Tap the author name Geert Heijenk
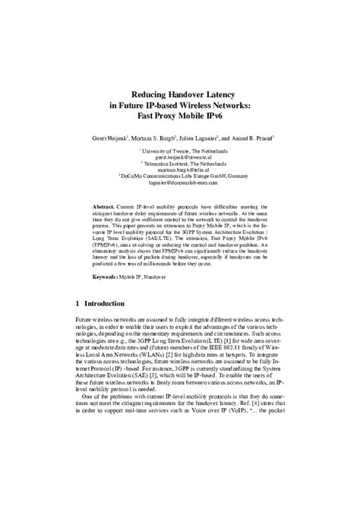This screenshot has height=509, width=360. pyautogui.click(x=107, y=139)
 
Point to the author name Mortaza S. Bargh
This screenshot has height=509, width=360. pyautogui.click(x=161, y=139)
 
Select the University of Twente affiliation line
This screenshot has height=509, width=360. pyautogui.click(x=181, y=152)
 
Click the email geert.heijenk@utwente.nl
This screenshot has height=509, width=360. pyautogui.click(x=181, y=158)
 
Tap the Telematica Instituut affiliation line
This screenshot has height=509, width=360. pyautogui.click(x=181, y=165)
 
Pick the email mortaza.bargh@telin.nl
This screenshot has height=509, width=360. pyautogui.click(x=181, y=171)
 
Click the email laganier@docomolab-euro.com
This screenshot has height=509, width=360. pyautogui.click(x=181, y=184)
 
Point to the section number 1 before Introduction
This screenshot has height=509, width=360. pyautogui.click(x=78, y=303)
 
